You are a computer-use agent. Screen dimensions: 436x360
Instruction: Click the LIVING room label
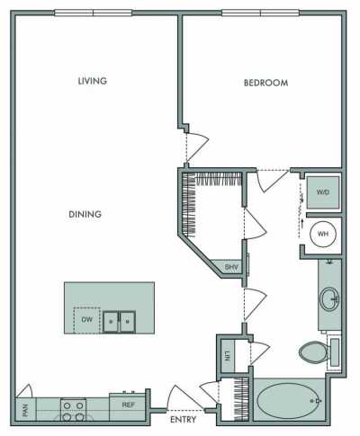point(93,81)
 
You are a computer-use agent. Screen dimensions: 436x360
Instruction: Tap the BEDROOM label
point(265,83)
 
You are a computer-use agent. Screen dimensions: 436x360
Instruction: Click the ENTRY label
point(184,419)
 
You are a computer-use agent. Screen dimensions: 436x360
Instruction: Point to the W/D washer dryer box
point(321,191)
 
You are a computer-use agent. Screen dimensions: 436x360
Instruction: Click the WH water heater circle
point(321,235)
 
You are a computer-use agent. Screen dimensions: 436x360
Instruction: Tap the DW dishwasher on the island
point(86,319)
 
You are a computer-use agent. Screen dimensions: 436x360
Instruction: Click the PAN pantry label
point(22,412)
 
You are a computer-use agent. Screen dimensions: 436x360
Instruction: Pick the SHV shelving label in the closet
point(230,266)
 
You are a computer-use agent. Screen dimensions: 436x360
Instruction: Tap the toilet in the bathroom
point(314,351)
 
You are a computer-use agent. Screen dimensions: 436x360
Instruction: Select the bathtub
point(289,399)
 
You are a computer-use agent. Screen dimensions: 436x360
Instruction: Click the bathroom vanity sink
point(330,298)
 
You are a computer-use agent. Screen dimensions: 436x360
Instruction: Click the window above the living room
point(93,13)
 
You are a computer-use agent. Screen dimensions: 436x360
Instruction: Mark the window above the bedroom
point(261,13)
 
